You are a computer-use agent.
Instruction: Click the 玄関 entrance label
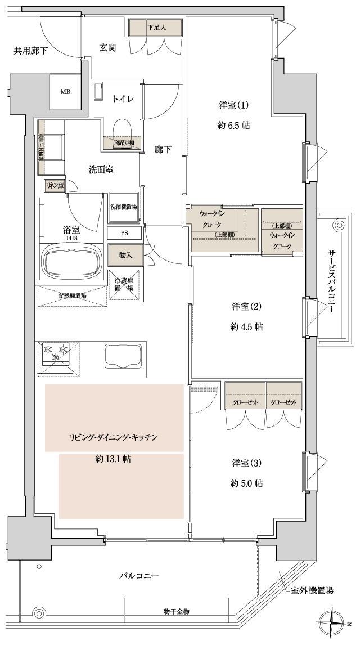[108, 48]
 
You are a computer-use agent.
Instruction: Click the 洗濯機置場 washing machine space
[124, 207]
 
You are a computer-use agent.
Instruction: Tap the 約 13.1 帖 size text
[113, 459]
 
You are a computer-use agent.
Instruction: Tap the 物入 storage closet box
[125, 255]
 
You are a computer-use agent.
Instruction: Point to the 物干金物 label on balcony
[176, 611]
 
